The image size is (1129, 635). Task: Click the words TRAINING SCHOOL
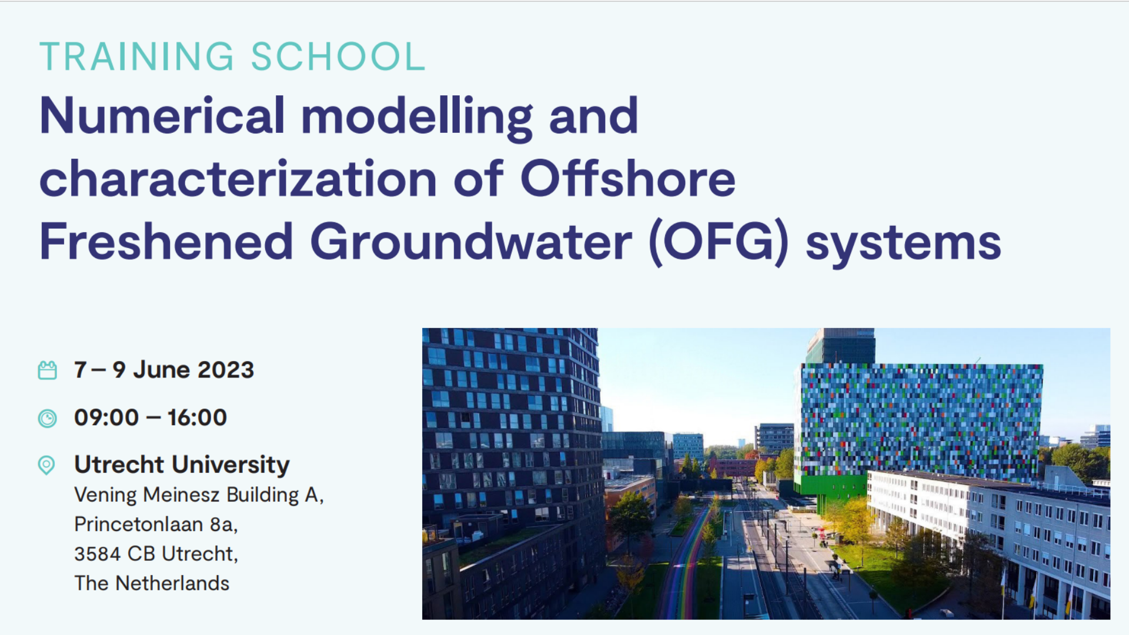[232, 56]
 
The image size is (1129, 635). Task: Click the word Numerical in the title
[162, 116]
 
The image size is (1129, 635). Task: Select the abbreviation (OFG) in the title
[718, 242]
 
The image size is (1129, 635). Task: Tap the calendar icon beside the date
[48, 370]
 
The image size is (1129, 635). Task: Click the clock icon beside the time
[48, 418]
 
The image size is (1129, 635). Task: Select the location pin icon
[46, 465]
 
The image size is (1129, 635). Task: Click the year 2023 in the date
[226, 370]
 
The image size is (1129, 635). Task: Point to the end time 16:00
[197, 417]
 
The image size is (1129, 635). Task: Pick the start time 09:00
[106, 417]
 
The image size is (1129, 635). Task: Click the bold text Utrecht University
[182, 464]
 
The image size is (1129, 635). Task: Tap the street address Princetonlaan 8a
[156, 524]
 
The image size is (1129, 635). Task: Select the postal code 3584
[98, 554]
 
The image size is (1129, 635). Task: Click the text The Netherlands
[152, 583]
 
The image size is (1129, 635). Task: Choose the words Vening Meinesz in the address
[147, 495]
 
